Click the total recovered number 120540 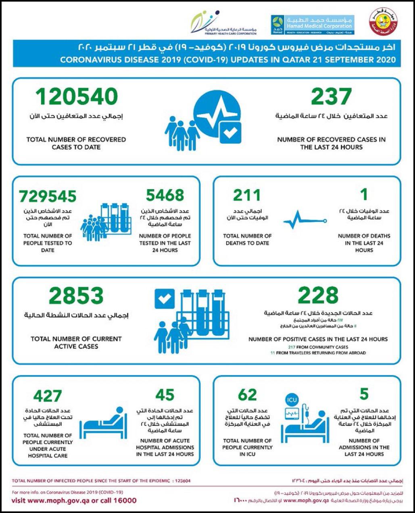tap(77, 97)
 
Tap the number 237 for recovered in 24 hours tap(331, 97)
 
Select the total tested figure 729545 tap(48, 196)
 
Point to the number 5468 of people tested tap(165, 196)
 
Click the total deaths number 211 tap(247, 196)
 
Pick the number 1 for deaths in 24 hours tap(364, 195)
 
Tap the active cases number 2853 tap(76, 296)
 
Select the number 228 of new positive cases tap(318, 295)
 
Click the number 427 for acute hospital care tap(48, 396)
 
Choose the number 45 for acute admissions tap(165, 395)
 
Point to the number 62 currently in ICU tap(247, 395)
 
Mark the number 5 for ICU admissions tap(364, 394)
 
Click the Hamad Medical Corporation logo tap(311, 24)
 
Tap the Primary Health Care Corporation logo tap(224, 24)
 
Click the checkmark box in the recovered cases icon tap(230, 133)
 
